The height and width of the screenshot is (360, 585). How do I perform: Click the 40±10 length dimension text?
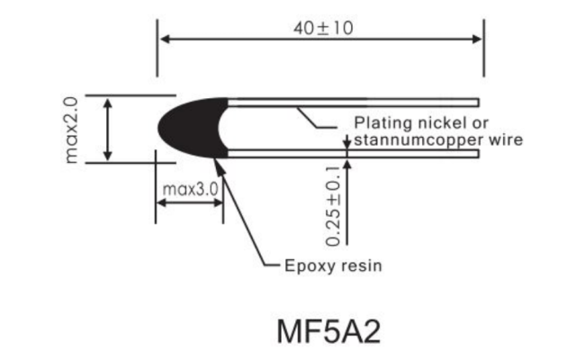pyautogui.click(x=323, y=29)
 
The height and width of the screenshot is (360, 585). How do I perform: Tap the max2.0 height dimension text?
pyautogui.click(x=71, y=130)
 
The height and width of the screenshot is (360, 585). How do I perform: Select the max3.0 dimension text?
pyautogui.click(x=191, y=190)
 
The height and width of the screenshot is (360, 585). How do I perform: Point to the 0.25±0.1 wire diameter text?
pyautogui.click(x=333, y=206)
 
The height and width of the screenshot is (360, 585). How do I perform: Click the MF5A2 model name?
pyautogui.click(x=328, y=331)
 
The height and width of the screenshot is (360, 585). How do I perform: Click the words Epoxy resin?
pyautogui.click(x=333, y=266)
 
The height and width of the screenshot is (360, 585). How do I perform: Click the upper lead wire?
pyautogui.click(x=353, y=103)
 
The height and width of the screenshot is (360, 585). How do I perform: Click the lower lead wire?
pyautogui.click(x=353, y=154)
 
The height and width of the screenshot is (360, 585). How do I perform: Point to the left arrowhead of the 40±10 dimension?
pyautogui.click(x=165, y=39)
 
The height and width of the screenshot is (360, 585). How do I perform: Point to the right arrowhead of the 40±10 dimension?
pyautogui.click(x=476, y=39)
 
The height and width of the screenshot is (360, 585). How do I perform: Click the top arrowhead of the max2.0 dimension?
pyautogui.click(x=107, y=103)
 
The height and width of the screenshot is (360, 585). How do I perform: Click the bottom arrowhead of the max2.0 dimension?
pyautogui.click(x=107, y=155)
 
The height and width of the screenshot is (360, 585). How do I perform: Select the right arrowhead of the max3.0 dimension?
pyautogui.click(x=218, y=202)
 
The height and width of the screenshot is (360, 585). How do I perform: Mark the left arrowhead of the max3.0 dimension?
pyautogui.click(x=161, y=202)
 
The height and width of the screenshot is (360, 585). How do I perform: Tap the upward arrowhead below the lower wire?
pyautogui.click(x=347, y=164)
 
